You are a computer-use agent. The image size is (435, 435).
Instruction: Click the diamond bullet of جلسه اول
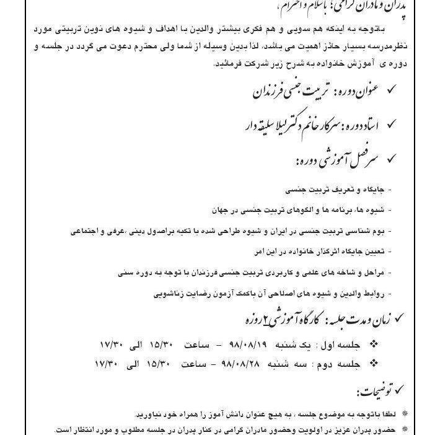point(372,343)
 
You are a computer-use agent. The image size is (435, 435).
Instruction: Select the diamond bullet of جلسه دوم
point(372,362)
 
